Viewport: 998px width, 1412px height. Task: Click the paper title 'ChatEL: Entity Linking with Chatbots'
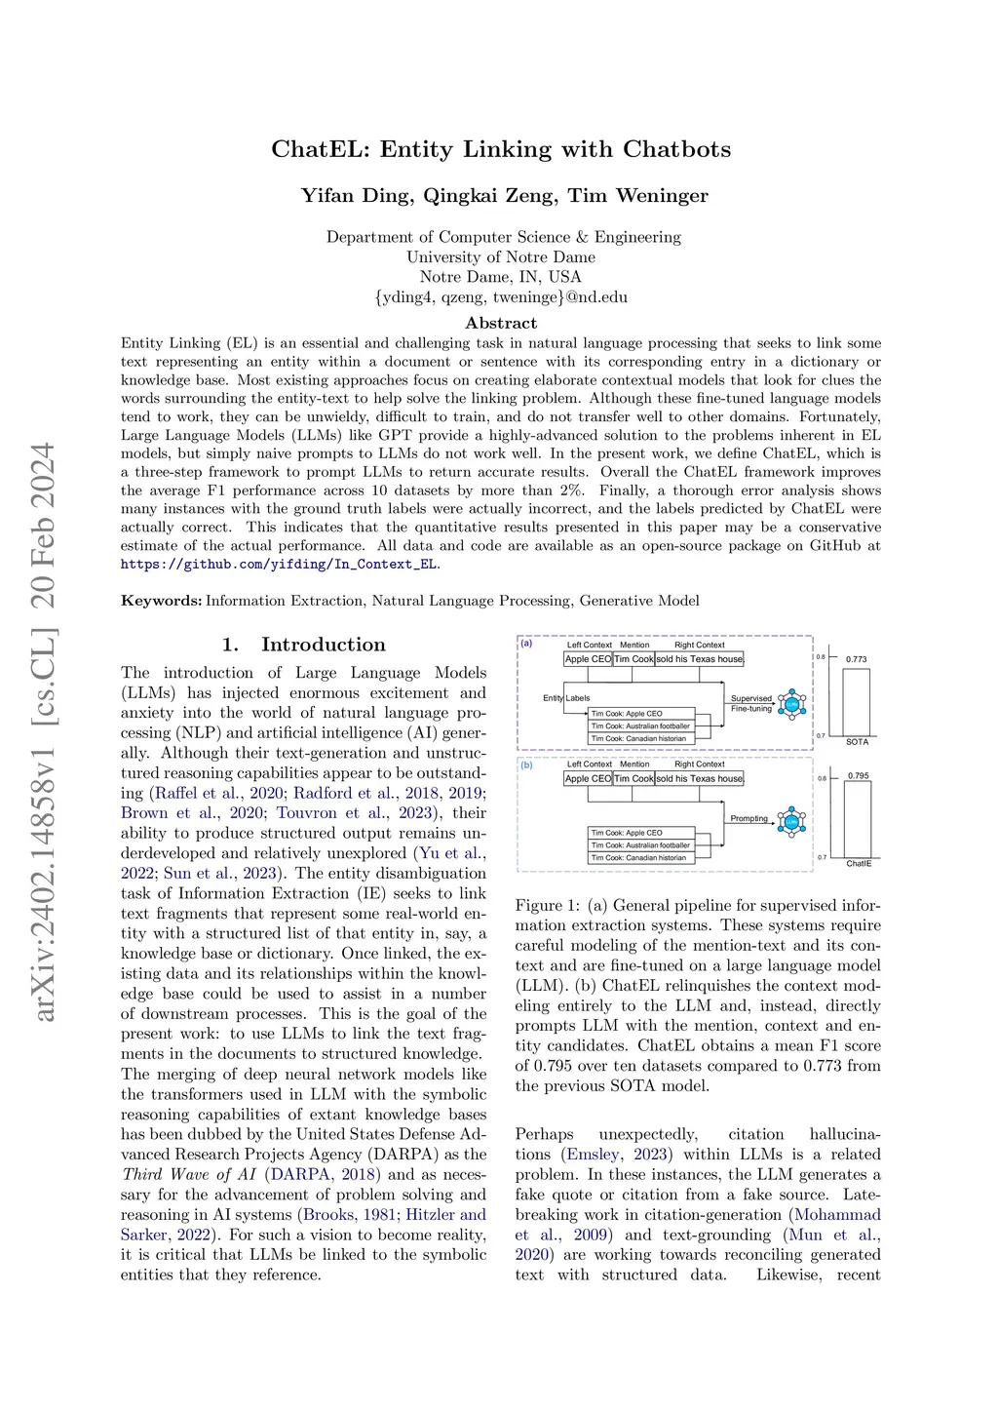[501, 149]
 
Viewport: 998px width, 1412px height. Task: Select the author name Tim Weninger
[638, 196]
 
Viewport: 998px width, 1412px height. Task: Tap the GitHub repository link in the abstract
[280, 564]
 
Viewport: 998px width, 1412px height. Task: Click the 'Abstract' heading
[501, 323]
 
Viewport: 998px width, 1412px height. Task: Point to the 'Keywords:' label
[161, 601]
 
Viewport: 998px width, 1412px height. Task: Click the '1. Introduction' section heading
[303, 645]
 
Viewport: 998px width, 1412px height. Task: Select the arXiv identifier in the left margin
[43, 731]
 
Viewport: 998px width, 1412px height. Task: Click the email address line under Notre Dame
[501, 297]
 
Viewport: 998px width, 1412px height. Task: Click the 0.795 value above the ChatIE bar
[858, 776]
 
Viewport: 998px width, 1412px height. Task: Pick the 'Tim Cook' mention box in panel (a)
[633, 659]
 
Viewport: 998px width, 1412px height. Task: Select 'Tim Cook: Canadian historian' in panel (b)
[638, 858]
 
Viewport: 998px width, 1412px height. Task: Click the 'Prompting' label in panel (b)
[748, 818]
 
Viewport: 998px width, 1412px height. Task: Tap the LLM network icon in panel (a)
[791, 704]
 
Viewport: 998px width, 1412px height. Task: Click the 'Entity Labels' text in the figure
[566, 698]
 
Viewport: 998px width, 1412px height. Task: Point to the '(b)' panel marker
[527, 765]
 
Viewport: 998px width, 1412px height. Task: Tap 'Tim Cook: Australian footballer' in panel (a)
[640, 726]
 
